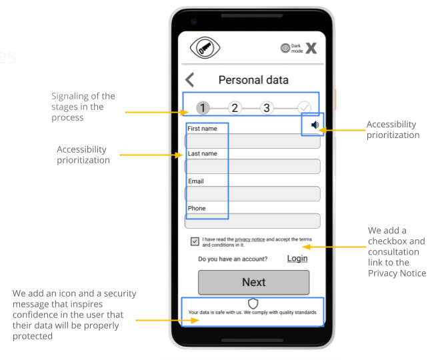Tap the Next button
254,282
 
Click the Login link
297,259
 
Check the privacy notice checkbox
195,241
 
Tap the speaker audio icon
315,125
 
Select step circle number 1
203,108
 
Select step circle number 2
235,108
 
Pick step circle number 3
267,108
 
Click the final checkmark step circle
304,108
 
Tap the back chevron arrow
190,80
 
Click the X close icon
311,48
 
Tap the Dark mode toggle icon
285,48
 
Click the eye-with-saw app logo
205,48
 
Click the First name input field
252,141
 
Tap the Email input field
252,193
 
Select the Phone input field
252,221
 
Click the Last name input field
252,166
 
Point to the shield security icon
253,303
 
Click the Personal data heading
253,80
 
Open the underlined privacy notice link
250,239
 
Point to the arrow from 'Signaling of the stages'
157,112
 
